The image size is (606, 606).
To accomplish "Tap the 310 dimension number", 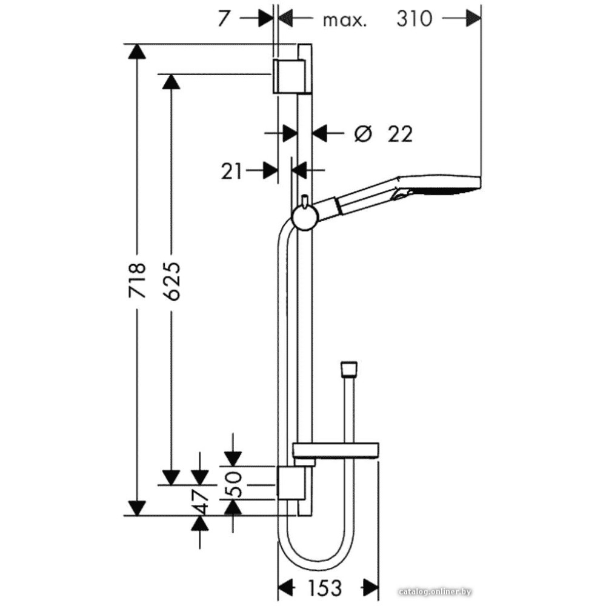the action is [414, 18].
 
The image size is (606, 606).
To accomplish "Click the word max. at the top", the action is [344, 21].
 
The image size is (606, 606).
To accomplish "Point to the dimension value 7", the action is [224, 18].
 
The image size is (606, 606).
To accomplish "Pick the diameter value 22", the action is [401, 134].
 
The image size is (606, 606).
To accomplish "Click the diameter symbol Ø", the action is [363, 134].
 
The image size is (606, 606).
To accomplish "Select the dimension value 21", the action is [231, 171].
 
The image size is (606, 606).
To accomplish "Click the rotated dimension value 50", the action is [233, 484].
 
